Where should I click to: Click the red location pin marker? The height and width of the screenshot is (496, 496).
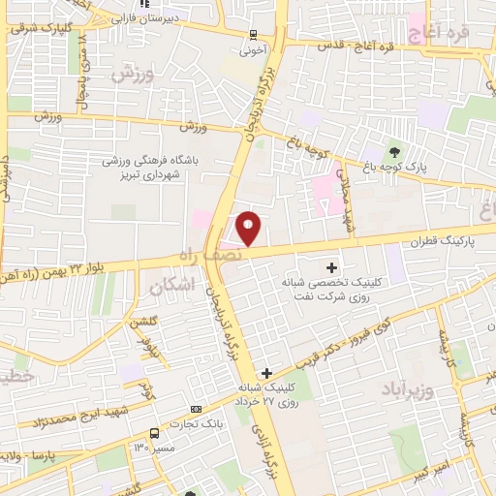click(x=249, y=228)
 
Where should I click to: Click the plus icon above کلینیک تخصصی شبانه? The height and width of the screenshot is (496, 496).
click(x=332, y=266)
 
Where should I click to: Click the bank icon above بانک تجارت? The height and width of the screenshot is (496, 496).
click(x=197, y=410)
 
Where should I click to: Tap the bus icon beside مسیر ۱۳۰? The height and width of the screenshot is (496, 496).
click(x=154, y=433)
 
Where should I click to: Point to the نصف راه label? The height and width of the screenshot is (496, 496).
click(x=201, y=254)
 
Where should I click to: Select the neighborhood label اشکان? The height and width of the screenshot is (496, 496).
click(x=173, y=284)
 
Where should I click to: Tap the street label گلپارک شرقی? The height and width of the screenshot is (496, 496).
click(x=37, y=28)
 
